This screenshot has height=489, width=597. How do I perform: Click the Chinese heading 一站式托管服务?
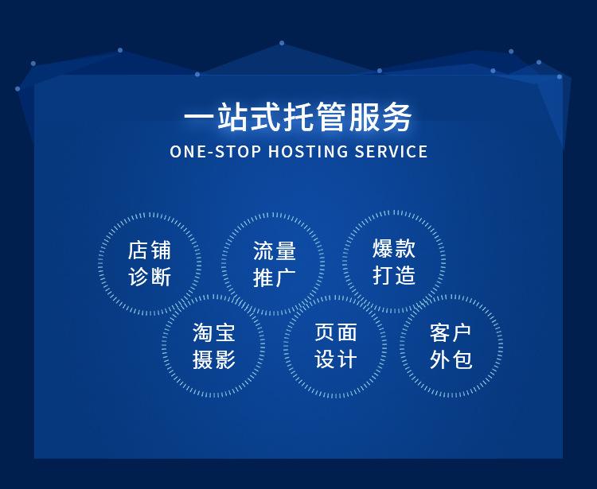click(298, 118)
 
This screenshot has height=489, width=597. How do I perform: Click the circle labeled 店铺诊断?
click(150, 263)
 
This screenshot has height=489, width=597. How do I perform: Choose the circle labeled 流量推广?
click(274, 264)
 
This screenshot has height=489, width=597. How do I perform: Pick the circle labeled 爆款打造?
click(394, 262)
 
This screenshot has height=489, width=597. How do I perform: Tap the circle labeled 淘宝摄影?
click(214, 346)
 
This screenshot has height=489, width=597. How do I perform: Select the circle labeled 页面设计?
click(335, 346)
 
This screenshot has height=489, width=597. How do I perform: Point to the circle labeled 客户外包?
click(451, 346)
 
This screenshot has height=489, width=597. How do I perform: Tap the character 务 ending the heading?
click(398, 118)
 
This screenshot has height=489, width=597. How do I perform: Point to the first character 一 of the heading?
click(198, 118)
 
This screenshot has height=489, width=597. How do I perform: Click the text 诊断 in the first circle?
click(150, 276)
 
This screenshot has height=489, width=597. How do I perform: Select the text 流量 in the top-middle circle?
click(274, 251)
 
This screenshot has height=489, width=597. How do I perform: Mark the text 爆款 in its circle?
click(394, 249)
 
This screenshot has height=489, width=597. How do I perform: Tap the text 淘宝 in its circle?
click(214, 332)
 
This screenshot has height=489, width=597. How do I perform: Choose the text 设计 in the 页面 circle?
click(335, 359)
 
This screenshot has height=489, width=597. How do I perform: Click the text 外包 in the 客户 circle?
click(451, 359)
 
